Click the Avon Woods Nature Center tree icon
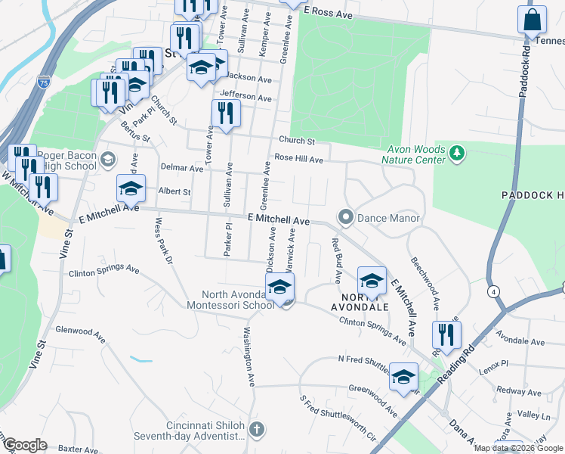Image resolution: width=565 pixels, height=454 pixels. click(x=456, y=154)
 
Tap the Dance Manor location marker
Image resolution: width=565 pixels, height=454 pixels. click(x=347, y=218)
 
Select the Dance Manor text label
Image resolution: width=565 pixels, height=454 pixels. click(x=388, y=218)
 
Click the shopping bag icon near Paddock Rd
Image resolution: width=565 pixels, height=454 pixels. click(x=532, y=20)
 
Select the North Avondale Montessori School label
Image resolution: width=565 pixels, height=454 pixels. click(x=237, y=300)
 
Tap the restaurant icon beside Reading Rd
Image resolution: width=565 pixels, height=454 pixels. click(x=446, y=334)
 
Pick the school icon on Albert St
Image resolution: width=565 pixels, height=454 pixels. click(x=131, y=188)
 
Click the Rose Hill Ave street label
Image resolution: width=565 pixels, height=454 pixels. click(x=298, y=159)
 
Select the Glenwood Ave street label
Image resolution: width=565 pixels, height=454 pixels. click(x=79, y=331)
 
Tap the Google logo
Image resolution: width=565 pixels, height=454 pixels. click(x=24, y=445)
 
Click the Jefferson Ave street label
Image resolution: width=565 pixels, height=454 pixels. click(x=245, y=98)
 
